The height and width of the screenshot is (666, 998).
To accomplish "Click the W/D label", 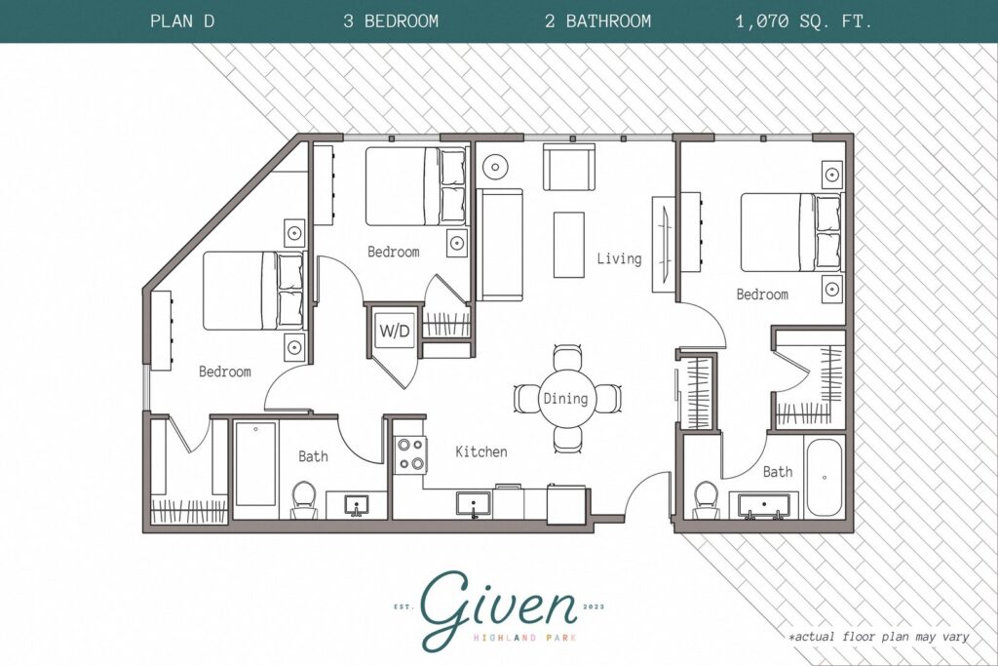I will (x=395, y=331).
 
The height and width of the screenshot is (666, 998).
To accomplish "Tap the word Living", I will (x=619, y=258).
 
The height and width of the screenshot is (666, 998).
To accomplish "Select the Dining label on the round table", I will (x=565, y=398).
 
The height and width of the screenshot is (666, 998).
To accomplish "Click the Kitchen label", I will (x=480, y=451).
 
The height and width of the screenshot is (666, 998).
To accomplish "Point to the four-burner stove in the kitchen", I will (x=409, y=453).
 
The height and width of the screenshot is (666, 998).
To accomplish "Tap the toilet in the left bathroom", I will (x=304, y=500).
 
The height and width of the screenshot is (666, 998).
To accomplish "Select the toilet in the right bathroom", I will (x=705, y=500).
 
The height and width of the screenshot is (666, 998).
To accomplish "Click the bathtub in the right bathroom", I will (x=825, y=478).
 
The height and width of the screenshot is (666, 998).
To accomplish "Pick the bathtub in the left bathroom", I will (x=255, y=464).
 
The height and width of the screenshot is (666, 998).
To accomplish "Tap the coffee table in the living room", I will (x=567, y=244).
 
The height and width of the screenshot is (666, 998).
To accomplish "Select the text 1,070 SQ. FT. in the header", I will (x=804, y=20).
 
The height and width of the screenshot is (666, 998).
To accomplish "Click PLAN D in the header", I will (x=182, y=20).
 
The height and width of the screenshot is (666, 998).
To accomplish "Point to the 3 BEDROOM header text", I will (x=391, y=20).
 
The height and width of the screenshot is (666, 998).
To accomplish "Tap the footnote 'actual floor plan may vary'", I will (x=879, y=637).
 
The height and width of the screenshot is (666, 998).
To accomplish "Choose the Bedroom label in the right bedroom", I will (x=761, y=294).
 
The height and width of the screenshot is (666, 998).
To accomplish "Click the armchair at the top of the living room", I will (x=568, y=168).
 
